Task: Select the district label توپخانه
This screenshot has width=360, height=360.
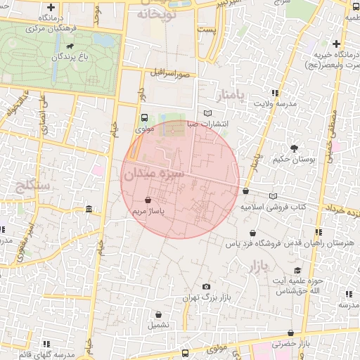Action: point(154,13)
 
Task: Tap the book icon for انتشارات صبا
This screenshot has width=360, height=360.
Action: point(206,113)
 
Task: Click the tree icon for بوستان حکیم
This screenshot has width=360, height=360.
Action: point(294,148)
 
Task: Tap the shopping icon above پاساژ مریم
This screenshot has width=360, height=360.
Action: point(148,200)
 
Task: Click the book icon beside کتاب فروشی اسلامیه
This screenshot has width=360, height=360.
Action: point(273,196)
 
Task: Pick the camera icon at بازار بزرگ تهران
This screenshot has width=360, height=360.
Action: point(205,287)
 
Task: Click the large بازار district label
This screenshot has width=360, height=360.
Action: point(259,266)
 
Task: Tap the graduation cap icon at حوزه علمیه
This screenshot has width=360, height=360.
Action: point(297,270)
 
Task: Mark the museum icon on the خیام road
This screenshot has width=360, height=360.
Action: point(89,210)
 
